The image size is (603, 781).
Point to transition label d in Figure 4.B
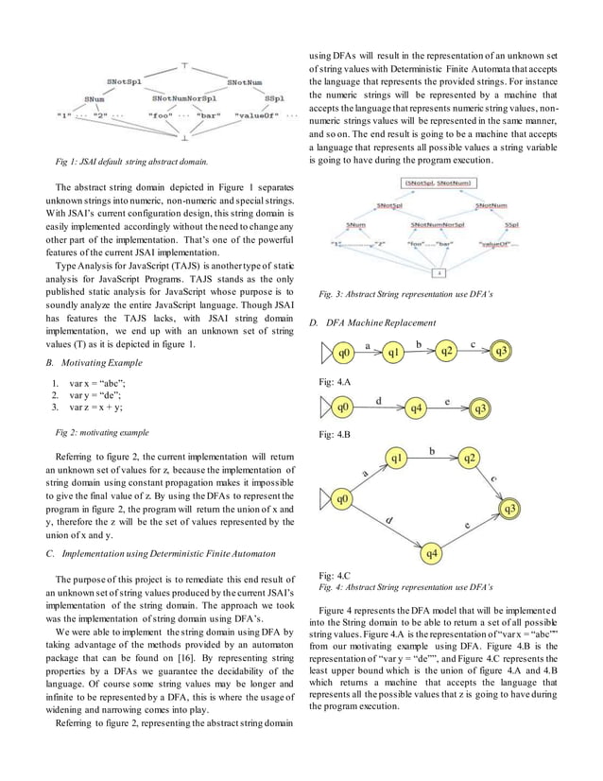click(379, 401)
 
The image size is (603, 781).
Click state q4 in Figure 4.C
click(432, 551)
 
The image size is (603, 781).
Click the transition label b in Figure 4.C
click(431, 451)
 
